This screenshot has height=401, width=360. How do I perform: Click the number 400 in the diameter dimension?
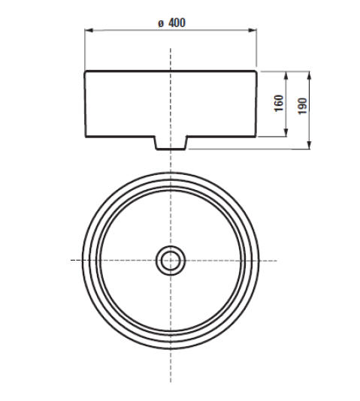point(177,23)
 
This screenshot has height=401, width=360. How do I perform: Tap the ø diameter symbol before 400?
point(161,23)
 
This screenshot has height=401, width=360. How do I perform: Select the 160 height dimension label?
point(279,104)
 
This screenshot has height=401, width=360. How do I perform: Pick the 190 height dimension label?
point(303,106)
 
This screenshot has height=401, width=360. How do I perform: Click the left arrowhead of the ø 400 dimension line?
point(87,32)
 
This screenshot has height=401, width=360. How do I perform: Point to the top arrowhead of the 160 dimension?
point(286,74)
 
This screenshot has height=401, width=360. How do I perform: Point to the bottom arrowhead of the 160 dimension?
point(286,135)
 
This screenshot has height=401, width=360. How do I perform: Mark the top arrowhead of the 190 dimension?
point(310,74)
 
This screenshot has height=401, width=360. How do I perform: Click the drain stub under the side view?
point(171,143)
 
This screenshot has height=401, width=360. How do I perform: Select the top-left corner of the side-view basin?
point(85,71)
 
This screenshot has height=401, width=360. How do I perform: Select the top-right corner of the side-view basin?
point(257,71)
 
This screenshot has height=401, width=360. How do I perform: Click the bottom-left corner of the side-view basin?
point(86,137)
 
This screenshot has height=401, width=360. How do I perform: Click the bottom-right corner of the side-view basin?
point(256,137)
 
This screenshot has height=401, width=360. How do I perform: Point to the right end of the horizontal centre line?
point(276,261)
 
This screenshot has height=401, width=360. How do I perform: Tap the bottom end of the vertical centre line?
point(171,381)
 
